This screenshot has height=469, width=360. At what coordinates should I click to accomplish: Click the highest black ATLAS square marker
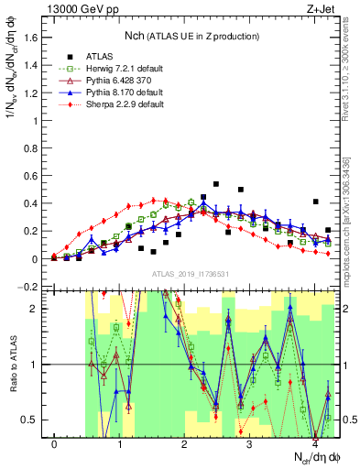[216, 184]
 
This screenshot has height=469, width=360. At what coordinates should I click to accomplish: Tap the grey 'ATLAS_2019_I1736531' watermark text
[191, 275]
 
